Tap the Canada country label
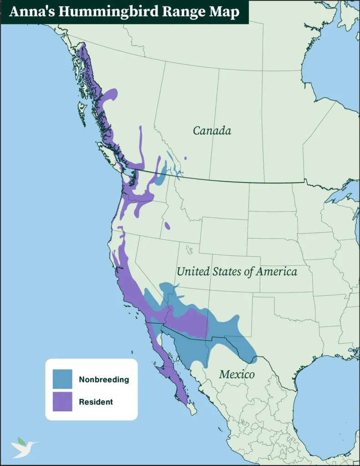(x=212, y=131)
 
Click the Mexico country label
(x=237, y=375)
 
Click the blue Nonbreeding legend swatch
(x=62, y=379)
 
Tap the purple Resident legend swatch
(x=62, y=401)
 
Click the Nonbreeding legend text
(x=104, y=380)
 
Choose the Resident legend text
(x=96, y=402)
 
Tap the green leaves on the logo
(x=21, y=441)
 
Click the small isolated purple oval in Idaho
(x=167, y=226)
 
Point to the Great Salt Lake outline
(x=189, y=249)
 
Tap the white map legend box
(x=91, y=389)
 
